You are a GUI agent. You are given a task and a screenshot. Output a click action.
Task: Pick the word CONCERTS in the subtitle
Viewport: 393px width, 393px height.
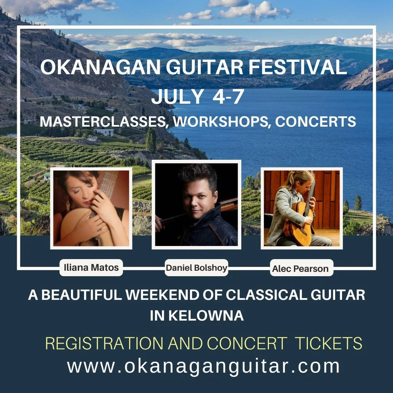pyautogui.click(x=315, y=122)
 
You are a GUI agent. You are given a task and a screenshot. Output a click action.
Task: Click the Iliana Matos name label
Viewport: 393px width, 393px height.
pyautogui.click(x=91, y=268)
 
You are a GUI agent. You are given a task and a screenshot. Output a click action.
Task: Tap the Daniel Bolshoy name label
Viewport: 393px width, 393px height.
pyautogui.click(x=196, y=268)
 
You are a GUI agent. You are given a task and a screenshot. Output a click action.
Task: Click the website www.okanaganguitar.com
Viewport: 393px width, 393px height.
pyautogui.click(x=203, y=366)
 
